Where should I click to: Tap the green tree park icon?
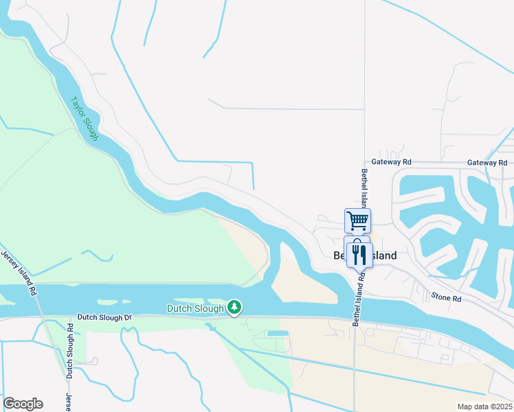tap(234, 307)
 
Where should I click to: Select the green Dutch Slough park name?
tap(195, 309)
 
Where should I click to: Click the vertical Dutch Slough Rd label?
tap(69, 350)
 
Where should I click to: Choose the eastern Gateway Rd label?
tap(486, 162)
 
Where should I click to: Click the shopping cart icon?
tap(357, 221)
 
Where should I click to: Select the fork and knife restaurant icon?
tap(359, 254)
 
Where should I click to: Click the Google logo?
tap(23, 404)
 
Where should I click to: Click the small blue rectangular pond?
tap(278, 333)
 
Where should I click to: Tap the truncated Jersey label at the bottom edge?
tap(68, 402)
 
